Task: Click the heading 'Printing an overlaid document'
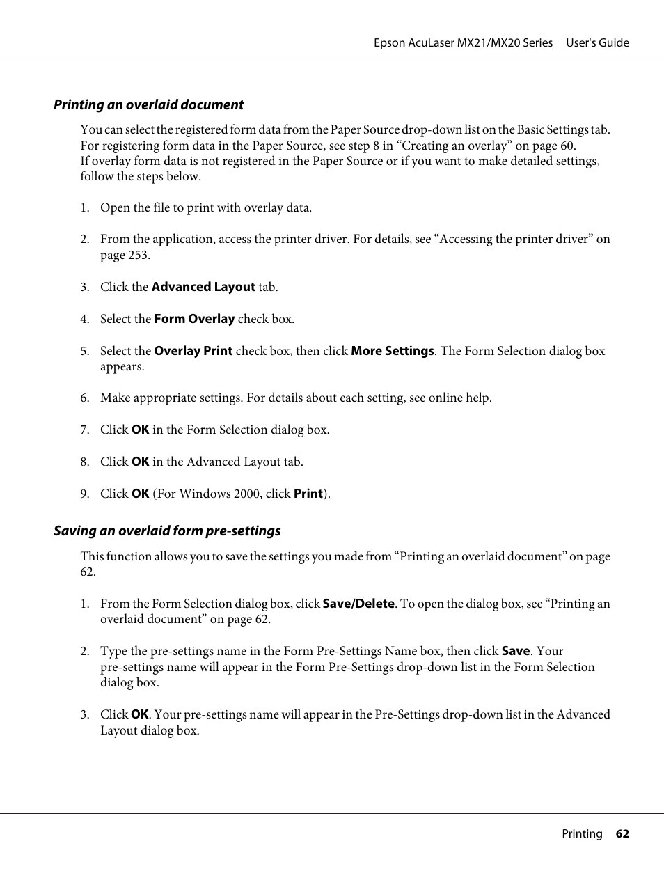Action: [x=148, y=105]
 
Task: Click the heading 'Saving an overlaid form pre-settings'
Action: [x=167, y=531]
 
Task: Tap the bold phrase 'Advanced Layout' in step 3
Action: [x=203, y=287]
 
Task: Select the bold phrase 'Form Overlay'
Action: [x=194, y=319]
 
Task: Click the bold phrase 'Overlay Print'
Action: [x=193, y=351]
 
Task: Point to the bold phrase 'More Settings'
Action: [x=392, y=351]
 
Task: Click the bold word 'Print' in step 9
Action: [x=308, y=494]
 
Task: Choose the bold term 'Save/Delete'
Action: [x=358, y=604]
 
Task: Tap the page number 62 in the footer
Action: [x=622, y=834]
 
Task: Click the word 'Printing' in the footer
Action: [x=582, y=834]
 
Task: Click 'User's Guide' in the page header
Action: [x=597, y=43]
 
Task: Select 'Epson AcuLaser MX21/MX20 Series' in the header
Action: [x=463, y=43]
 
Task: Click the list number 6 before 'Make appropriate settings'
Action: [x=84, y=398]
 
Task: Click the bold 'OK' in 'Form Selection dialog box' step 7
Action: [x=140, y=430]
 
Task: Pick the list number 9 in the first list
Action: [x=84, y=494]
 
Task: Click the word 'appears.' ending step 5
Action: [x=122, y=367]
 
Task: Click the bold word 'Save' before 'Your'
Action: [x=515, y=651]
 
